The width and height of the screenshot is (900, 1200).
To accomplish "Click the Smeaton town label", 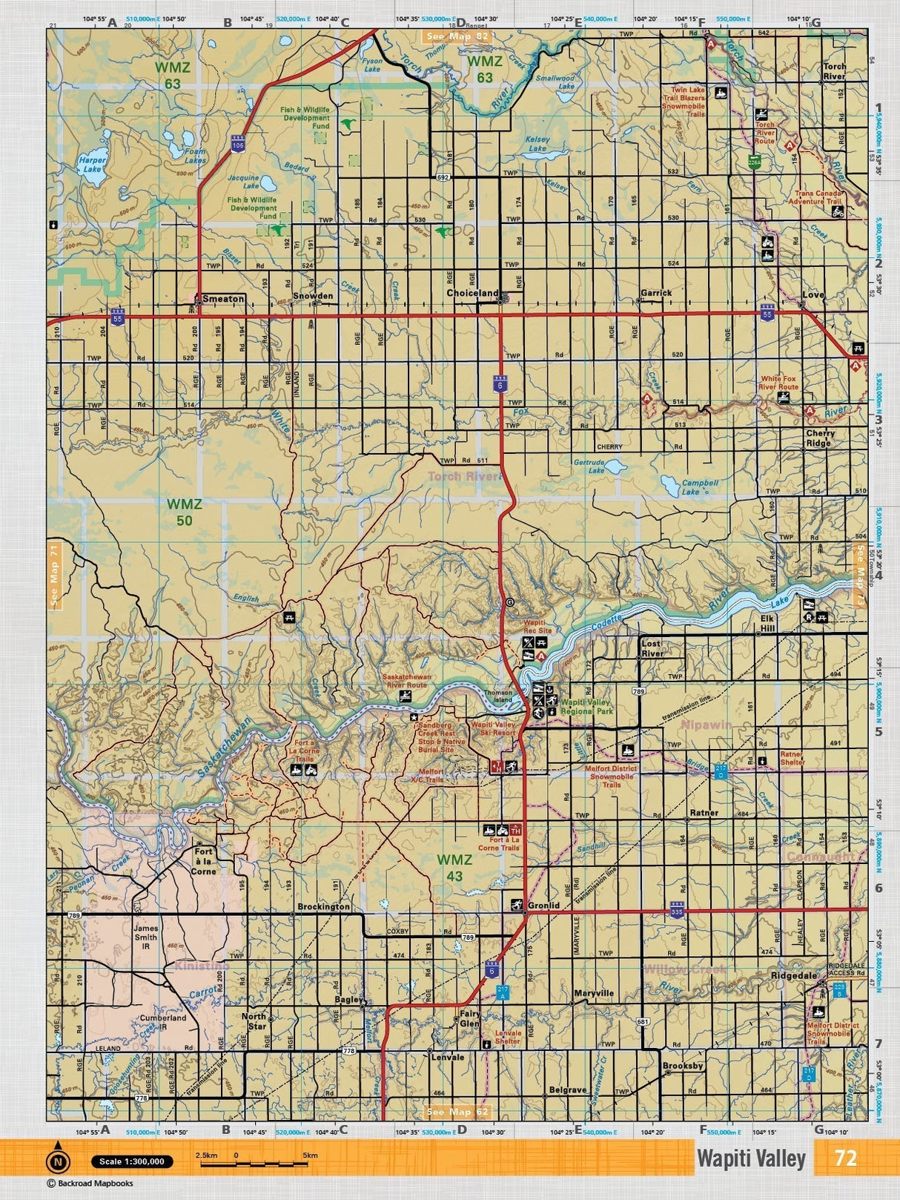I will coord(223,298).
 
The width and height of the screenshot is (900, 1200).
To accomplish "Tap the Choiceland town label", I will coord(472,293).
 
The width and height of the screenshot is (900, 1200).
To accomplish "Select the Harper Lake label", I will coord(93,164).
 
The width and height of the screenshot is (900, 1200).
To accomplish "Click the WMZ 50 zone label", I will coord(184,512).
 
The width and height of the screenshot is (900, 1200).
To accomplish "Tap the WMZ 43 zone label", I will coord(454,868).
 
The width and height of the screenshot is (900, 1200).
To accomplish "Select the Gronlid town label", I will coord(543,906).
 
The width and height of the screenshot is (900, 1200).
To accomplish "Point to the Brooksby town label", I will coord(683,1066).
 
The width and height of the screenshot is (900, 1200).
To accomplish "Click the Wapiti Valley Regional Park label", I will coord(586,706).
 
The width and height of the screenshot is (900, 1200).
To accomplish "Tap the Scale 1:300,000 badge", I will coord(132,1161).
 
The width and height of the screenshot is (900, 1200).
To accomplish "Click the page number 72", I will coord(846,1158).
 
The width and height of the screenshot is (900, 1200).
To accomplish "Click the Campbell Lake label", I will coord(700,487).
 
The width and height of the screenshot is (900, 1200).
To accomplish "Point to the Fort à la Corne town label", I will coord(205,862).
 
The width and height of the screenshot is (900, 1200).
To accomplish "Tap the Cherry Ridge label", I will coord(820,438).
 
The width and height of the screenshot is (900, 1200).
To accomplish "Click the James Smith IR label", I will coord(146,933).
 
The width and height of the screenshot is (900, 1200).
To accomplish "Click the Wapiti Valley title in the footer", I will coord(750,1158).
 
